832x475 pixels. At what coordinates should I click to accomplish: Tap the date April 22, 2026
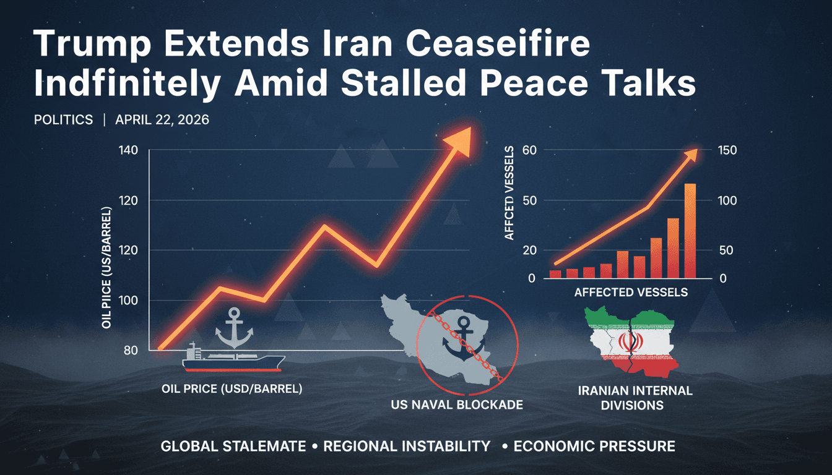tap(162, 120)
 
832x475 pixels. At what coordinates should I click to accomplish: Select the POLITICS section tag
tap(63, 120)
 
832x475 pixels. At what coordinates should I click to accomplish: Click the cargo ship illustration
tap(234, 359)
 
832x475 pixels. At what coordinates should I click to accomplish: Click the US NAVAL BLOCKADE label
tap(457, 405)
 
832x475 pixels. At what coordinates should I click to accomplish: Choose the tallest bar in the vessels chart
tap(690, 230)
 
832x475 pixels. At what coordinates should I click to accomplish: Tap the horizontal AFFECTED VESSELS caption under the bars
tap(631, 292)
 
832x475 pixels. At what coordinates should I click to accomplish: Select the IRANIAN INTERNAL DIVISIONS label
tap(635, 398)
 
